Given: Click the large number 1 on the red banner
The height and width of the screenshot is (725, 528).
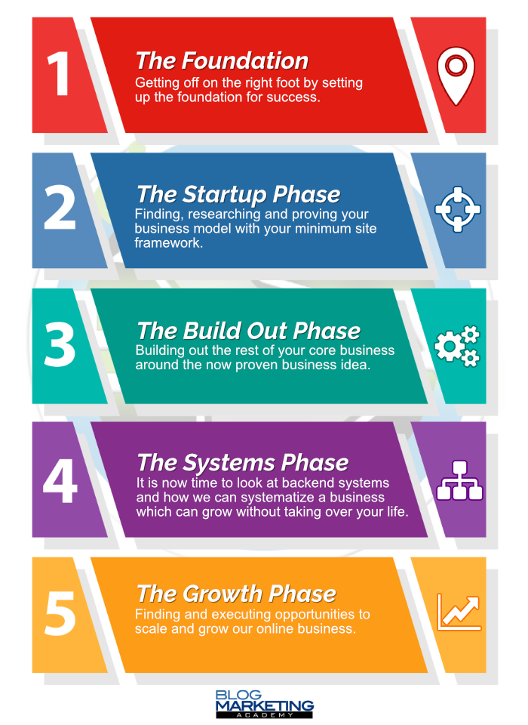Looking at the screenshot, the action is tap(59, 73).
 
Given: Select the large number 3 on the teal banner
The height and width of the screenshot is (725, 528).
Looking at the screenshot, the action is tap(60, 344).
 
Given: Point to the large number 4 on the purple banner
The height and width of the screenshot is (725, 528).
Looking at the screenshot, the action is tap(60, 480).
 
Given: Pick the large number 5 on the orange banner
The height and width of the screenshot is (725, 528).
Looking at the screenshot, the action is tap(60, 612).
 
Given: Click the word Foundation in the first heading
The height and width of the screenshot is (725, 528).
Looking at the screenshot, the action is tap(247, 61).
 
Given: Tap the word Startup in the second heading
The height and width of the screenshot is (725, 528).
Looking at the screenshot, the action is tap(225, 195).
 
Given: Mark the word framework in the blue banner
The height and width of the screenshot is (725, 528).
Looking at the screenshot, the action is tap(169, 242).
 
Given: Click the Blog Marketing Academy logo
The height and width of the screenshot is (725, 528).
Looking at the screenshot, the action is tap(264, 704).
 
